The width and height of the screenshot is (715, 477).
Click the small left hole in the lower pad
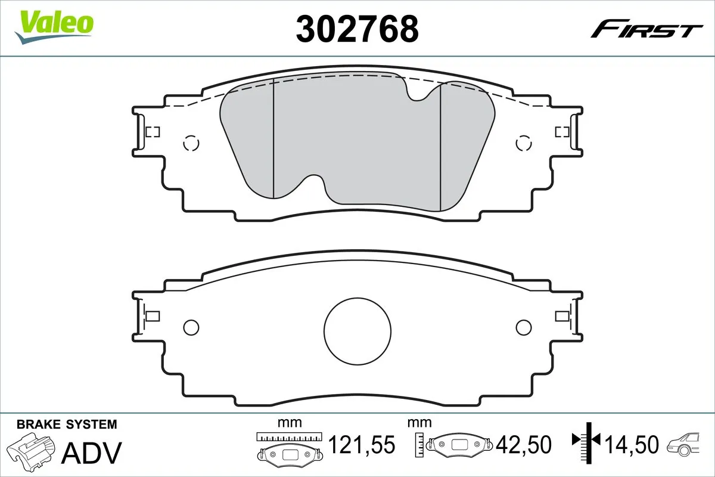pos(191,327)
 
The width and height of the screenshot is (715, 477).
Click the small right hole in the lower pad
pos(523,327)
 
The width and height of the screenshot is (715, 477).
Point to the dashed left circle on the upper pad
pos(191,143)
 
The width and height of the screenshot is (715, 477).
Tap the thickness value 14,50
pos(632,444)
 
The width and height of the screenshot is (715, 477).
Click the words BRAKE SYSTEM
pos(67,425)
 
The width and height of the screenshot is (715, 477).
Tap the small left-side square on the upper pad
pos(153,132)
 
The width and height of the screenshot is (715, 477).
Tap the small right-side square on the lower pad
pos(561,316)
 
